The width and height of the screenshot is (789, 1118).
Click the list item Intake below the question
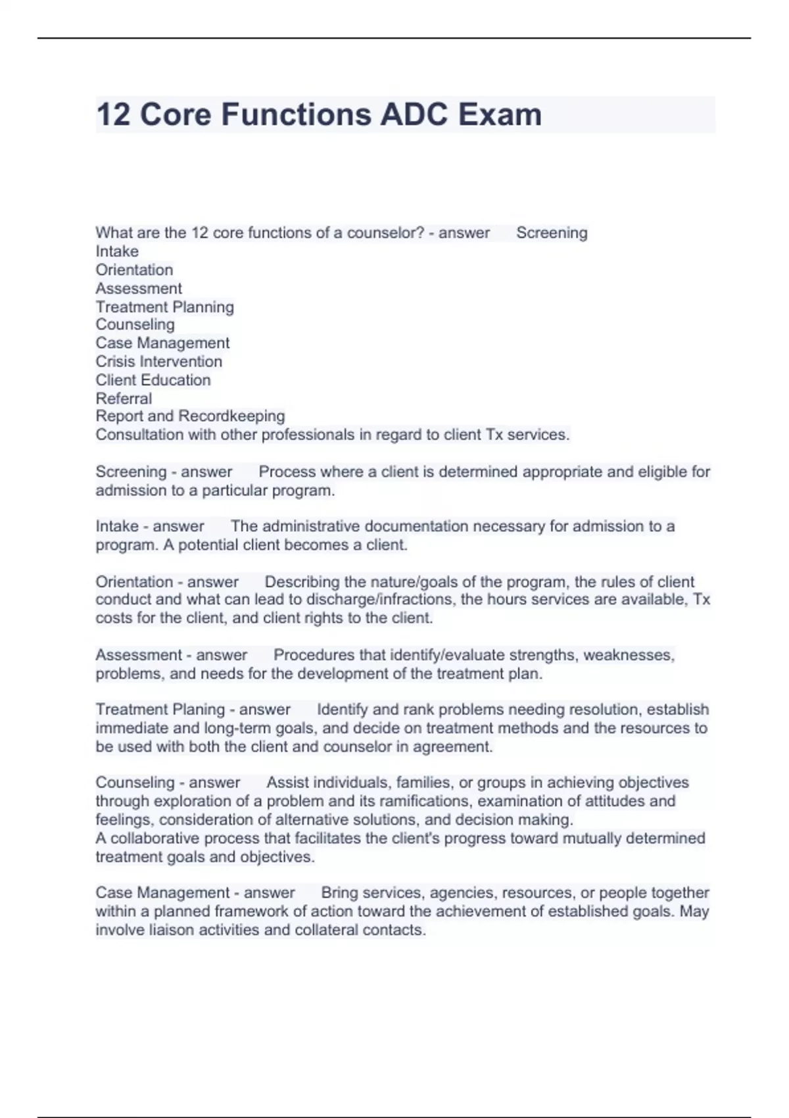[x=117, y=251]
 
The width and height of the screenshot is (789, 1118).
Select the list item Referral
[x=124, y=399]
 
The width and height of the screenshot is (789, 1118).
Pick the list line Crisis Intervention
[x=158, y=362]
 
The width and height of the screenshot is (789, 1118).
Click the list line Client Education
[x=153, y=380]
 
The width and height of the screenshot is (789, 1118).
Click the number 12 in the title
[x=113, y=114]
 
